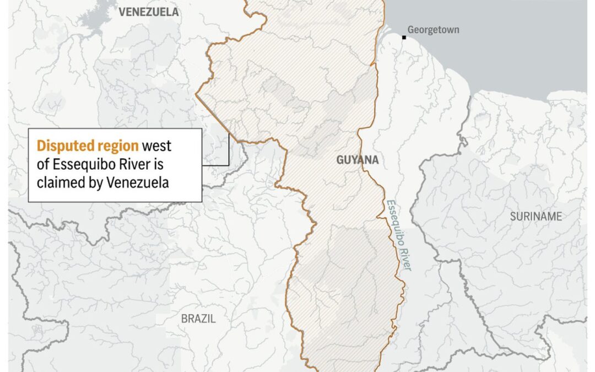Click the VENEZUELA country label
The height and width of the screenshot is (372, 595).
pyautogui.click(x=148, y=12)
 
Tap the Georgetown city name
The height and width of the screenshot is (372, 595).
pyautogui.click(x=433, y=30)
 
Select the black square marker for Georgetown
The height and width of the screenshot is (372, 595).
pyautogui.click(x=404, y=37)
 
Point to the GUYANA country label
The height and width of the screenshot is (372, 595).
pyautogui.click(x=358, y=160)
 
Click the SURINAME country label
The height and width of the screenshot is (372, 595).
pyautogui.click(x=535, y=217)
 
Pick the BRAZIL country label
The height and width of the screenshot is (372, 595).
pyautogui.click(x=198, y=319)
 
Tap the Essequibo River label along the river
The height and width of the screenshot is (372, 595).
pyautogui.click(x=398, y=234)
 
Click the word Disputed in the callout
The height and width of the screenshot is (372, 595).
pyautogui.click(x=58, y=146)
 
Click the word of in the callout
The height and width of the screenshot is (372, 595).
pyautogui.click(x=42, y=164)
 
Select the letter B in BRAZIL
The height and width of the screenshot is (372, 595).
pyautogui.click(x=185, y=319)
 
